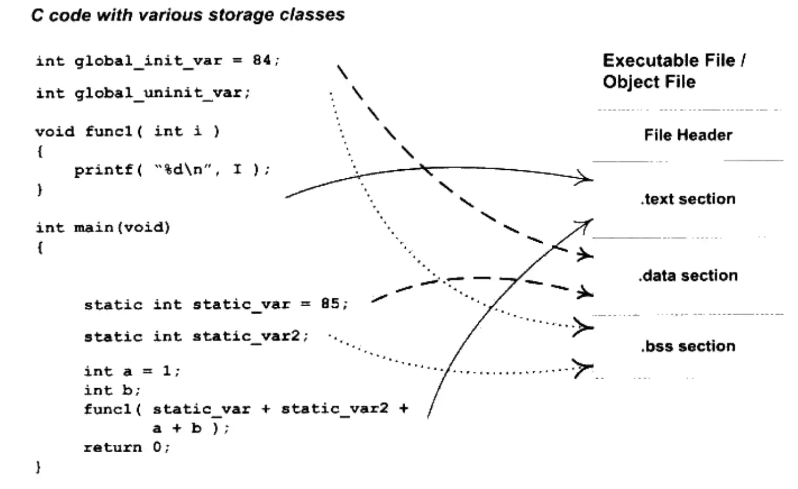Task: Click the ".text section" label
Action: [x=688, y=199]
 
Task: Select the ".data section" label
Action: [x=688, y=276]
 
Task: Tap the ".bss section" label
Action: [x=688, y=346]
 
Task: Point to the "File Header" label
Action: [x=688, y=135]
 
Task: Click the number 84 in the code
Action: [x=262, y=61]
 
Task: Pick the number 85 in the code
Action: [x=331, y=304]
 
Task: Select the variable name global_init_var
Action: [x=148, y=61]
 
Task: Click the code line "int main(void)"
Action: [x=102, y=228]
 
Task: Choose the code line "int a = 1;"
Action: [x=131, y=371]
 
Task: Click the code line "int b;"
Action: [x=112, y=390]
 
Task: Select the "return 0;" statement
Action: [x=127, y=448]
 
